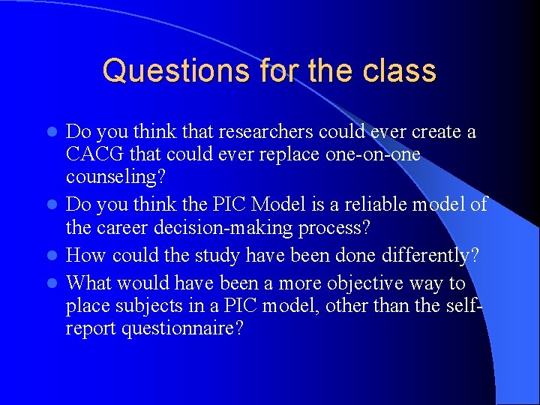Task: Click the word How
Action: click(85, 256)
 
